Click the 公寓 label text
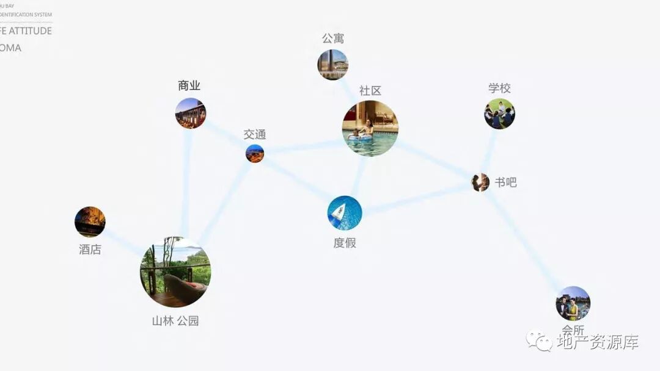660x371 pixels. tap(333, 38)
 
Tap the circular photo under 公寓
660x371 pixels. tap(332, 65)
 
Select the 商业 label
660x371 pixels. tap(189, 86)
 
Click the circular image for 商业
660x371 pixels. tap(191, 113)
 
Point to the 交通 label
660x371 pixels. tap(255, 135)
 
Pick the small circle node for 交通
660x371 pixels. tap(255, 154)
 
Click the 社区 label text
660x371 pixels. tap(370, 91)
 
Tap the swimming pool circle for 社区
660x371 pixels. tap(370, 129)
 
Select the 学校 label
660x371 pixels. tap(499, 88)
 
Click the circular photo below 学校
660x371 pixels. tap(499, 114)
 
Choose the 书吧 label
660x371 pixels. tap(506, 182)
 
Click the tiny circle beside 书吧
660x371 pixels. tap(480, 182)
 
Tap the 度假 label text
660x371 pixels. tap(345, 243)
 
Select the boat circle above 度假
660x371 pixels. tap(345, 213)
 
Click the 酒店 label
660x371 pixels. tap(90, 250)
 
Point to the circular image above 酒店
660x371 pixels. tap(90, 222)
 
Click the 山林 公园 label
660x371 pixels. tap(175, 321)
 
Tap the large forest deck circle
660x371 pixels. tap(175, 272)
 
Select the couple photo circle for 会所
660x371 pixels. tap(573, 303)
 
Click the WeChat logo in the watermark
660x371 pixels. tap(540, 341)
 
